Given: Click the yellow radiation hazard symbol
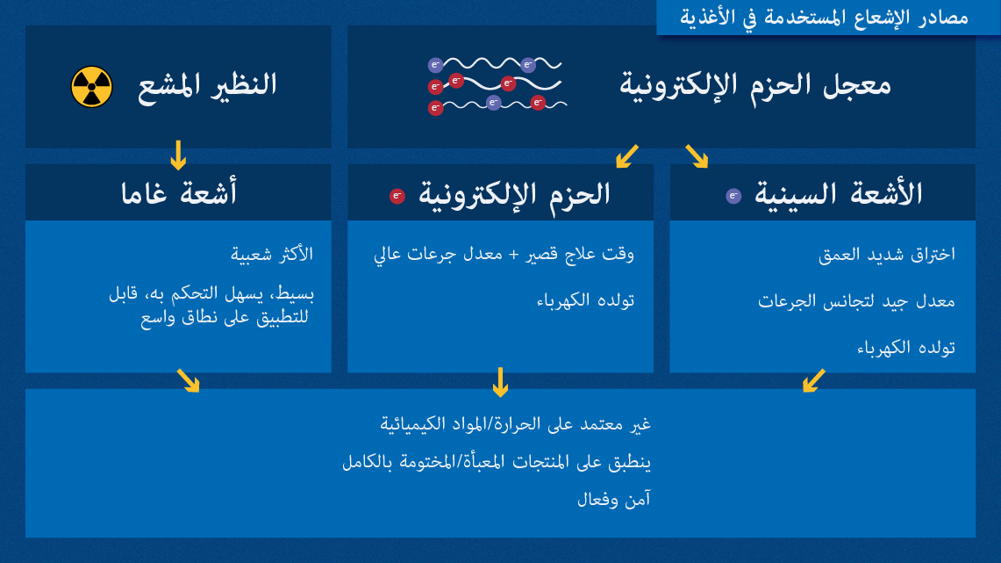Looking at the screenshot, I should (x=91, y=87).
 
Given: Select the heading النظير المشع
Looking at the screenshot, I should (x=207, y=86).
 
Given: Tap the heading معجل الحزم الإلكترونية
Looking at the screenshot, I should (x=755, y=86).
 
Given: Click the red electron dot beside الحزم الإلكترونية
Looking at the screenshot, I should (x=397, y=196).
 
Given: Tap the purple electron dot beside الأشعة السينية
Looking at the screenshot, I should (x=733, y=196).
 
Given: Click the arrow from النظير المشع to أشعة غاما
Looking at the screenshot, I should (x=178, y=155).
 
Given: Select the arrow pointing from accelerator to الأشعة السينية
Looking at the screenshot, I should (x=697, y=155).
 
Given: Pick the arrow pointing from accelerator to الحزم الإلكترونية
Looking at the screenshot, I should (x=627, y=155).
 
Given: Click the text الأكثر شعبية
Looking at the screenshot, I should (x=272, y=255).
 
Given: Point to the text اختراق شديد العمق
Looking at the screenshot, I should (x=886, y=255).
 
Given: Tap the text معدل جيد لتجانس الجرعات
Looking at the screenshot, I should (x=856, y=301).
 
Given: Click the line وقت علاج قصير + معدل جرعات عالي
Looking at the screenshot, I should (x=504, y=255).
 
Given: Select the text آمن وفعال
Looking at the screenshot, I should (x=613, y=500).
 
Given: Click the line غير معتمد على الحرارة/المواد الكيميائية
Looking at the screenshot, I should (x=515, y=424).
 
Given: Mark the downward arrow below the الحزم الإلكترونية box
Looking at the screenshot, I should (x=500, y=382).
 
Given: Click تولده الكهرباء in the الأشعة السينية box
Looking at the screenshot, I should (x=905, y=348).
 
